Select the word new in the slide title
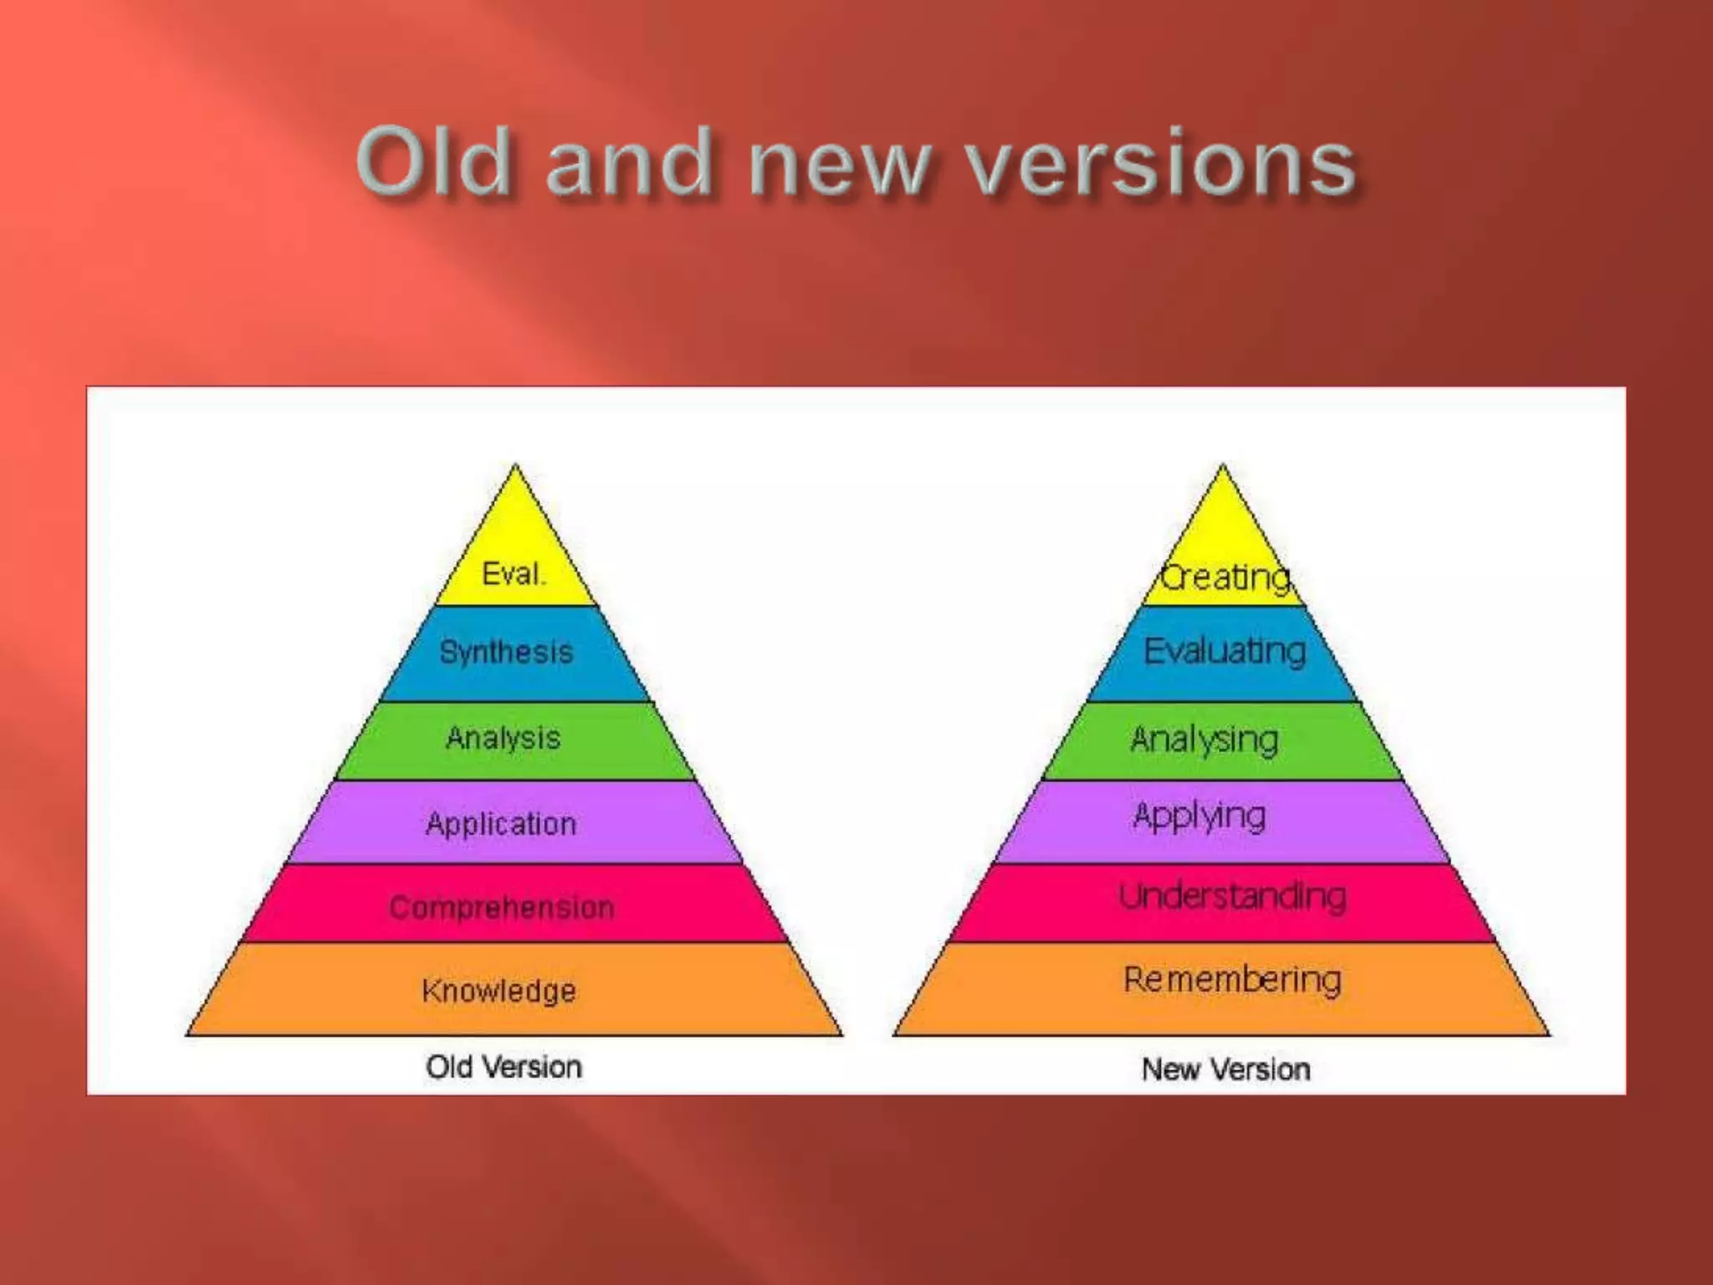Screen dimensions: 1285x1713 (840, 166)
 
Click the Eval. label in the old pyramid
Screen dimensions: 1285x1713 (514, 574)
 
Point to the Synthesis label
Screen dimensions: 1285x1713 (507, 652)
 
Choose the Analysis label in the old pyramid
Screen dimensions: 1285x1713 (504, 738)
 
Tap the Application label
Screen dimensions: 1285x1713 (502, 824)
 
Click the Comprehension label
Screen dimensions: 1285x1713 (502, 907)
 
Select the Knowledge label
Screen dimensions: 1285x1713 (499, 991)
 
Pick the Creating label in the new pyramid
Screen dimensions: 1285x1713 (1226, 577)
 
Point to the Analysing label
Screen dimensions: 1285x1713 (1204, 740)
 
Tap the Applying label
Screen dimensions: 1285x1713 (1199, 817)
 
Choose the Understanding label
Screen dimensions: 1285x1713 (1233, 897)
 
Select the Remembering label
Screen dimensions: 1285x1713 (1233, 980)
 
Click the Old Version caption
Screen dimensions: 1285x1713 (504, 1067)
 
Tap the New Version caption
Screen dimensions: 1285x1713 (1226, 1069)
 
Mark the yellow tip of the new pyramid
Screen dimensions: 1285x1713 (1223, 519)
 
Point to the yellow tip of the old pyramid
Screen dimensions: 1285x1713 (515, 519)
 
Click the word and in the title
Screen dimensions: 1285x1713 (628, 164)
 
